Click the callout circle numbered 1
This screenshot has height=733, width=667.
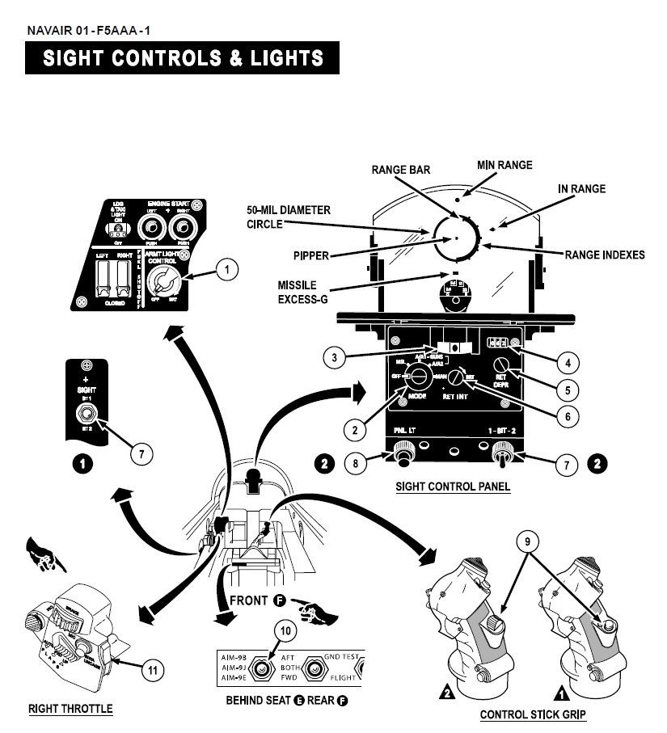pos(229,270)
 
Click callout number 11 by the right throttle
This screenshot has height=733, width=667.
pos(154,669)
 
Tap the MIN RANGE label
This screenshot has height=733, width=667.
pos(504,165)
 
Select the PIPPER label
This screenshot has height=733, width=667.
pos(312,256)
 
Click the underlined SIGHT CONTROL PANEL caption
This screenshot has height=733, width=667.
pos(453,487)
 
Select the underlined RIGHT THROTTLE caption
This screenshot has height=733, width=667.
pos(70,709)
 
